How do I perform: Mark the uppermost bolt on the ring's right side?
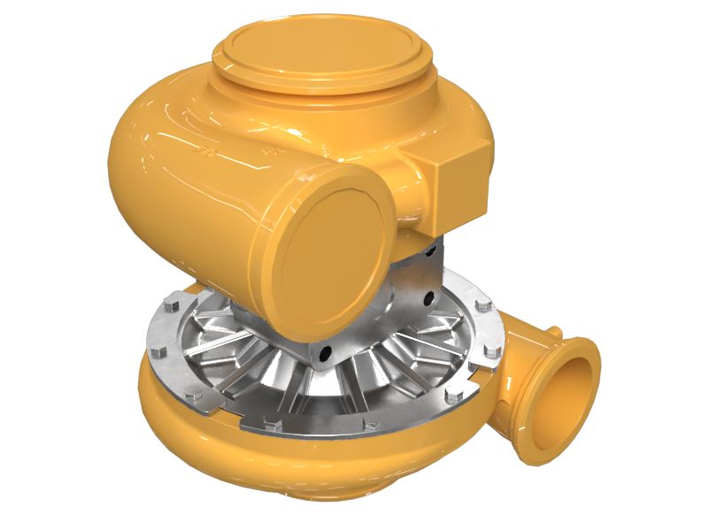(x=482, y=306)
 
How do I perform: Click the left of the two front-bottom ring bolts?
(x=273, y=426)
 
